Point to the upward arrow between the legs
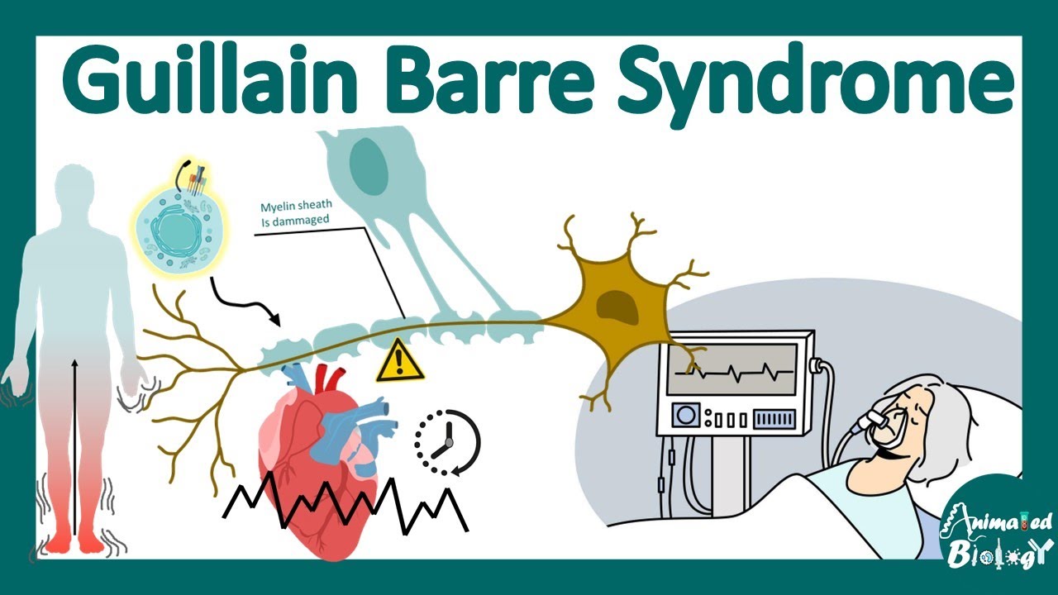(x=75, y=446)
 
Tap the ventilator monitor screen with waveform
(x=732, y=370)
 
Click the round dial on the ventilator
(x=685, y=416)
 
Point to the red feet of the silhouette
(x=74, y=541)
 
